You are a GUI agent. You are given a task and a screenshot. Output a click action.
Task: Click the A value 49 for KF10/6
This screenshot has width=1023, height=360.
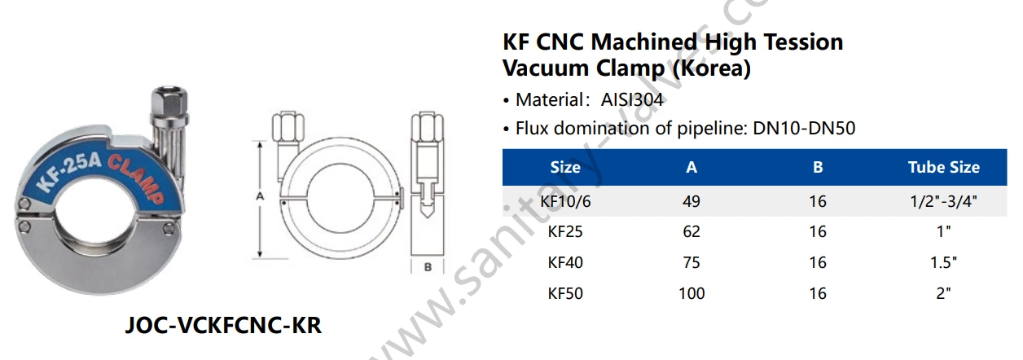692,201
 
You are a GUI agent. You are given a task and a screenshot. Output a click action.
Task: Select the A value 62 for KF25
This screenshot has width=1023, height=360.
692,232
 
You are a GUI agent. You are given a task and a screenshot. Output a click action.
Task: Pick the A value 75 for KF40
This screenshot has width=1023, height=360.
692,262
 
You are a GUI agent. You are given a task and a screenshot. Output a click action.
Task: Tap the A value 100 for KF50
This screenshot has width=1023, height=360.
692,293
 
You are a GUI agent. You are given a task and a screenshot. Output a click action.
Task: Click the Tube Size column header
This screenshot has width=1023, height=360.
944,167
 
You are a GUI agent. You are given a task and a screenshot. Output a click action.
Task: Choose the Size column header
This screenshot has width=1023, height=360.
565,167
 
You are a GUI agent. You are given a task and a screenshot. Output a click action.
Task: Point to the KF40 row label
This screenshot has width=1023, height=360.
565,262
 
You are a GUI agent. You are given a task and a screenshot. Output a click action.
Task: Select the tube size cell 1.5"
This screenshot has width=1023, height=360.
944,262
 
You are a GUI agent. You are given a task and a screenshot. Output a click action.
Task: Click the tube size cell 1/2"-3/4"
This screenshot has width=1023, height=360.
944,201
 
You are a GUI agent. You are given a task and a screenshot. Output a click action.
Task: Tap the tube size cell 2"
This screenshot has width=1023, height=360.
944,293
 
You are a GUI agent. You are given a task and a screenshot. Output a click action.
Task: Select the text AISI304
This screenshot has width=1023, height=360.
633,101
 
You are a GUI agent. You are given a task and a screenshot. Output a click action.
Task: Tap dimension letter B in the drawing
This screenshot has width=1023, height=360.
427,266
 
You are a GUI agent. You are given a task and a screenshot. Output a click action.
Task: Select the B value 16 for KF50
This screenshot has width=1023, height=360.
818,293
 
